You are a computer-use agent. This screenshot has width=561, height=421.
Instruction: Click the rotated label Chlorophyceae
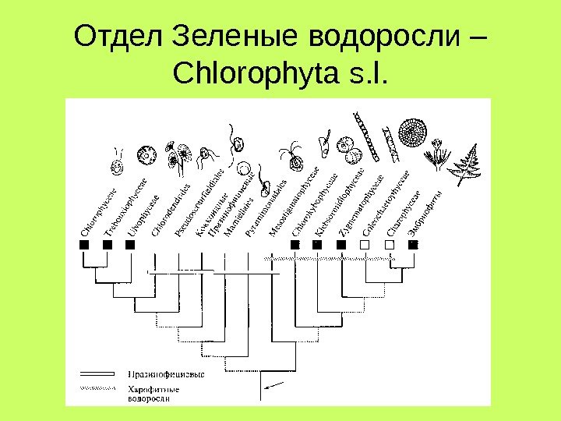99,211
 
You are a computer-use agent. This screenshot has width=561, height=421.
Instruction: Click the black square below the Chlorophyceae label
85,245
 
